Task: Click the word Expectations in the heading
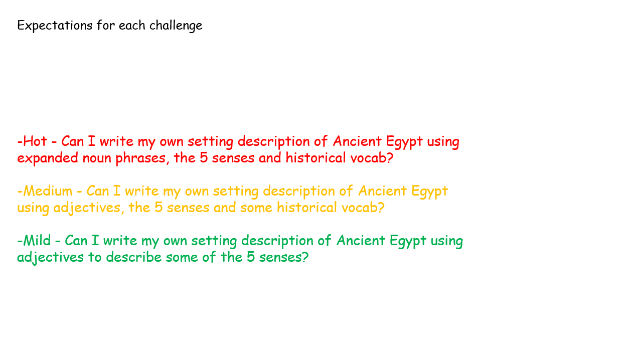tap(55, 26)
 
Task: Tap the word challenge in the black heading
tap(176, 26)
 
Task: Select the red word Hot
tap(35, 141)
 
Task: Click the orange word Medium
tap(48, 191)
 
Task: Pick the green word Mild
tap(37, 240)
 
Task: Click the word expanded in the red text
tap(48, 158)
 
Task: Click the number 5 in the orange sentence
tap(159, 207)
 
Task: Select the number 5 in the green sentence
tap(251, 257)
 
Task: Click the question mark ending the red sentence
tap(390, 158)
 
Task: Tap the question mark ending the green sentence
tap(305, 257)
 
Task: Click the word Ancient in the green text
tap(361, 240)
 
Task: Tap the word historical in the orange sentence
tap(306, 207)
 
